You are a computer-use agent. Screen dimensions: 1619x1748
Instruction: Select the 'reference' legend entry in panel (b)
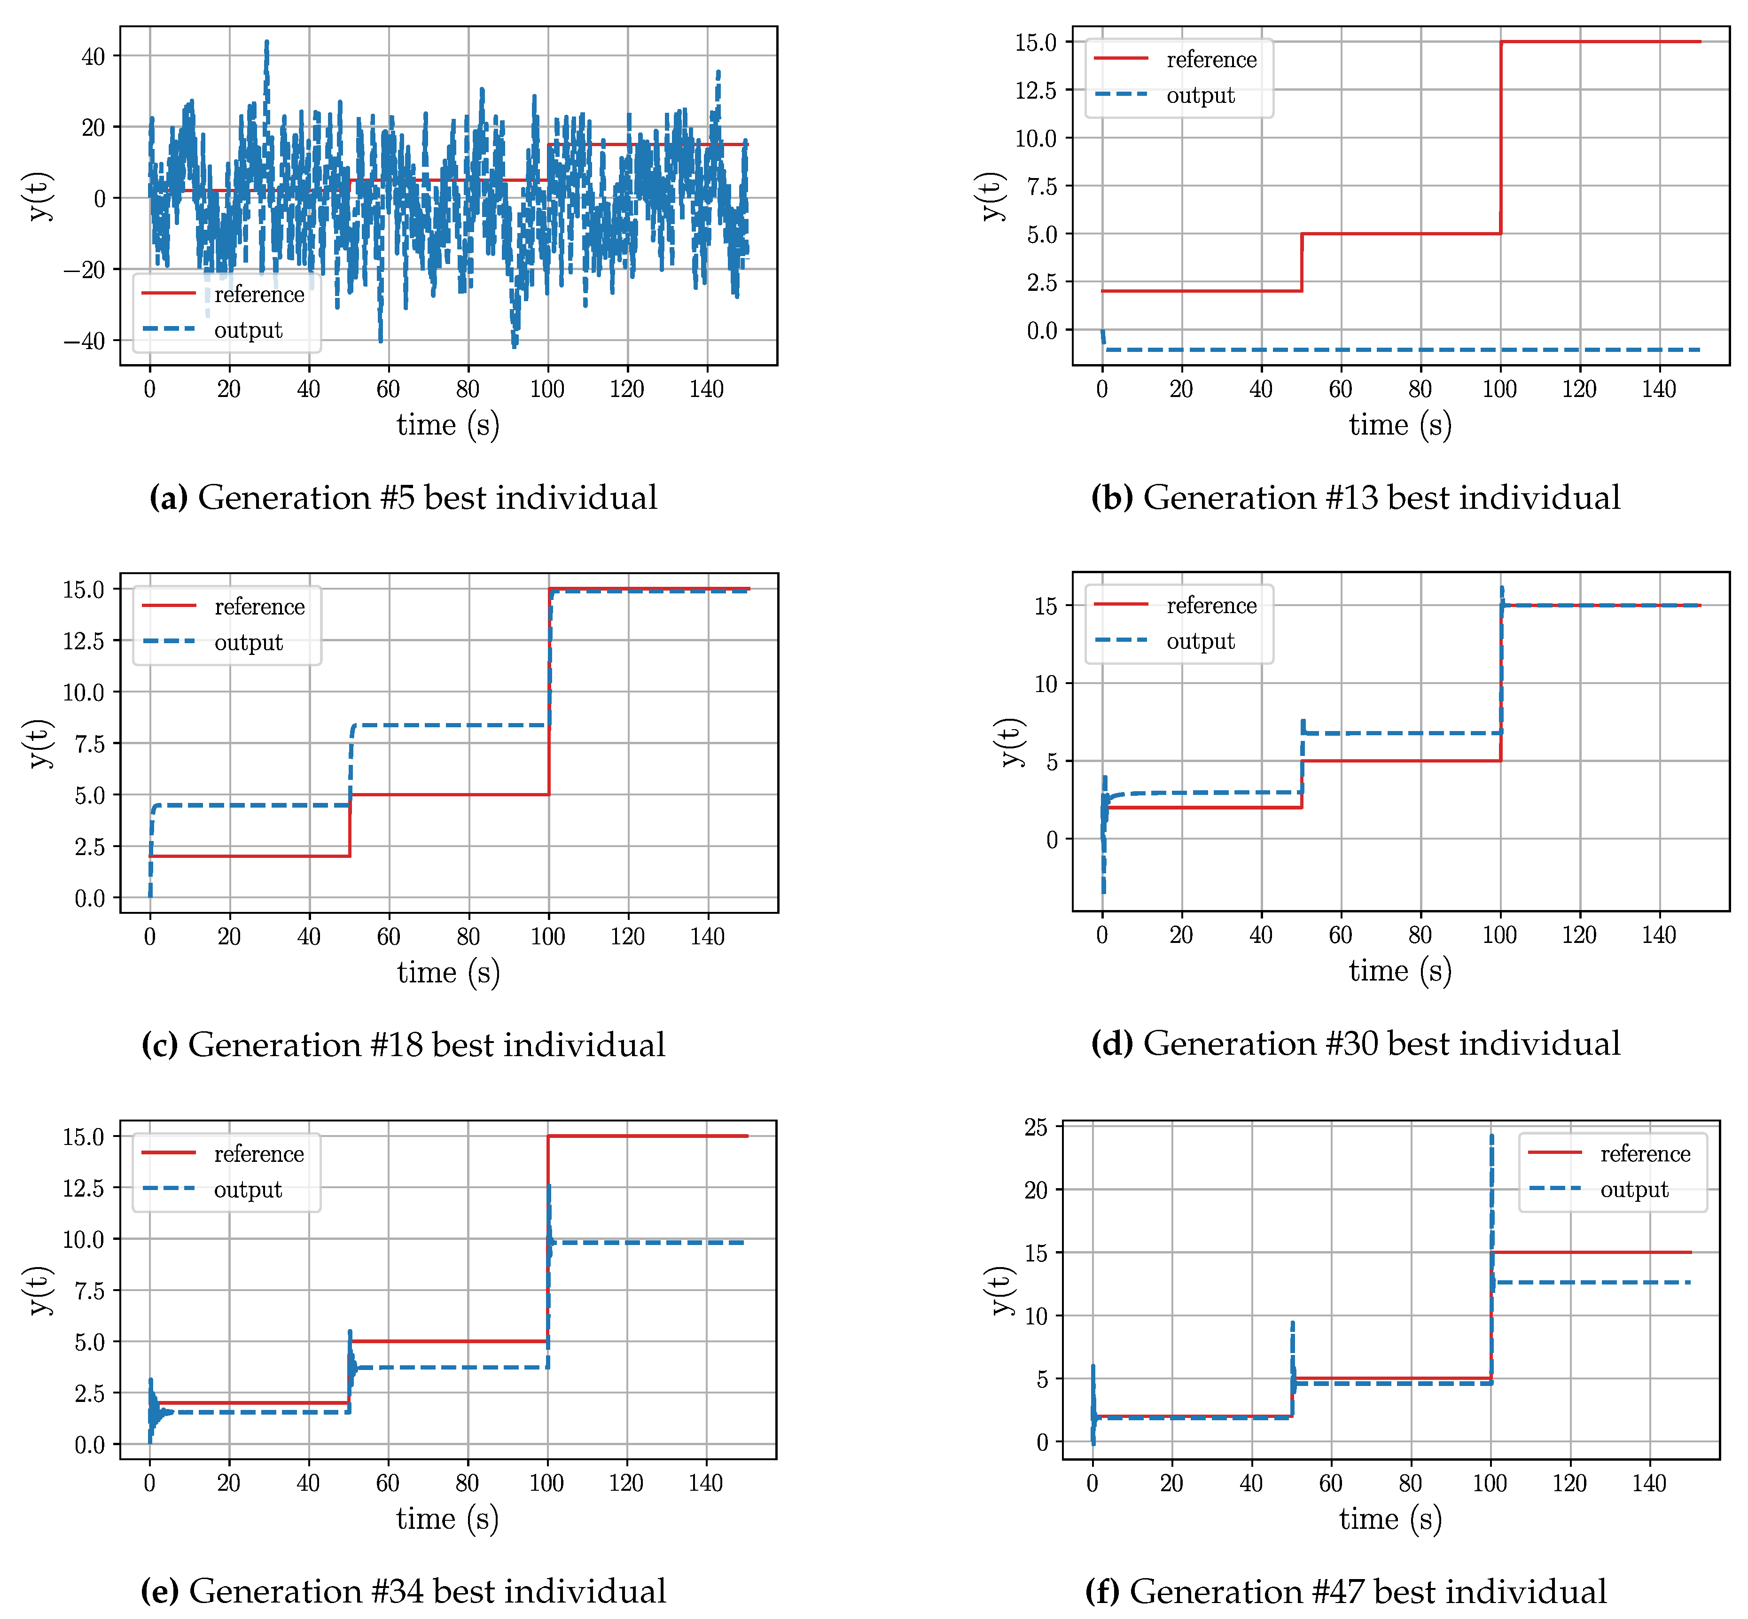pyautogui.click(x=1211, y=60)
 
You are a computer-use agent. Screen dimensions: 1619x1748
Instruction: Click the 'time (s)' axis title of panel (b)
pyautogui.click(x=1399, y=425)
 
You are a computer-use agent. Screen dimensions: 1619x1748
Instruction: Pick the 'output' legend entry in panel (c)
pyautogui.click(x=248, y=642)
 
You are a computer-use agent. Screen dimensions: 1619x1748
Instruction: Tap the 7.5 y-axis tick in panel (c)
pyautogui.click(x=89, y=744)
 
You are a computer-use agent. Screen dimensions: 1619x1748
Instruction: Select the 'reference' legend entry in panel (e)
pyautogui.click(x=258, y=1154)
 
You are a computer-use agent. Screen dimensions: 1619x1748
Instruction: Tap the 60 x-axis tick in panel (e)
pyautogui.click(x=387, y=1483)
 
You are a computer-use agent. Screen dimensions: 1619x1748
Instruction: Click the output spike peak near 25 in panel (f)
pyautogui.click(x=1491, y=1137)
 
